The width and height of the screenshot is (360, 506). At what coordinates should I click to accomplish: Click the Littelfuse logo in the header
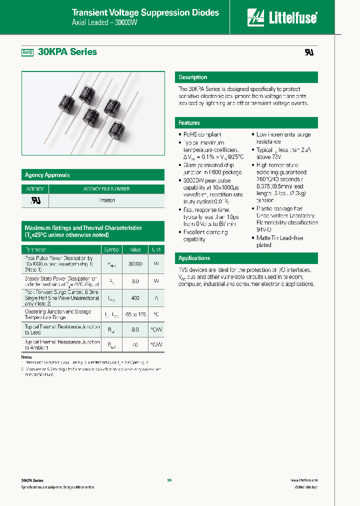click(x=282, y=17)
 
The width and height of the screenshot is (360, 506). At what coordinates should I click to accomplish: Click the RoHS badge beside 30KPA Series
click(x=27, y=52)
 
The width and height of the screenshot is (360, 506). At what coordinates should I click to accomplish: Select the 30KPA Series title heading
click(x=66, y=52)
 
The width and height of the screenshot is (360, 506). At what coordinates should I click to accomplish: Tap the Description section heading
click(x=193, y=77)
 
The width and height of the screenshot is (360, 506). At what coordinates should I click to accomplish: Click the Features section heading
click(x=189, y=123)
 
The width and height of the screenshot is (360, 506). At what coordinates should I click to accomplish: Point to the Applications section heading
click(x=194, y=258)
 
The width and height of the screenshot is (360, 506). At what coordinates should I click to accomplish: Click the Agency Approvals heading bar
click(x=47, y=175)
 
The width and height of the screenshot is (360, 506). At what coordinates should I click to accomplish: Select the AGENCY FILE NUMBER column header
click(x=106, y=189)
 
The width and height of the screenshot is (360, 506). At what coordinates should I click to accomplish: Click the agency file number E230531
click(x=106, y=200)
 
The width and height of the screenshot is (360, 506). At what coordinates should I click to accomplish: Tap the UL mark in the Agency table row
click(x=35, y=200)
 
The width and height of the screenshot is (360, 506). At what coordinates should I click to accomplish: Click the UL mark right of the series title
click(x=309, y=52)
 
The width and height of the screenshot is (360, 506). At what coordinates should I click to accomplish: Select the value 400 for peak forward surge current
click(x=135, y=297)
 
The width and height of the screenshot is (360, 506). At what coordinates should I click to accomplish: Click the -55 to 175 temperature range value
click(x=135, y=314)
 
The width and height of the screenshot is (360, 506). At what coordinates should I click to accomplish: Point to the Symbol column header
click(x=111, y=249)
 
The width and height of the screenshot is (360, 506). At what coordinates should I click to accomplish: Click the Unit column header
click(x=156, y=249)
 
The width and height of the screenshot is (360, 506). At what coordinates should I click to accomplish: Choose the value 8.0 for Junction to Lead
click(x=135, y=330)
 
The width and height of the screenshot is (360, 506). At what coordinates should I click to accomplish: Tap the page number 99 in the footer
click(x=169, y=480)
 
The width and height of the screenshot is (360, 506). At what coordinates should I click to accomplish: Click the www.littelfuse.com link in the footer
click(x=303, y=480)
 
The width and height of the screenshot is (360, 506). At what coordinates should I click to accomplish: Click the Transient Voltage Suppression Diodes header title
click(x=145, y=13)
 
